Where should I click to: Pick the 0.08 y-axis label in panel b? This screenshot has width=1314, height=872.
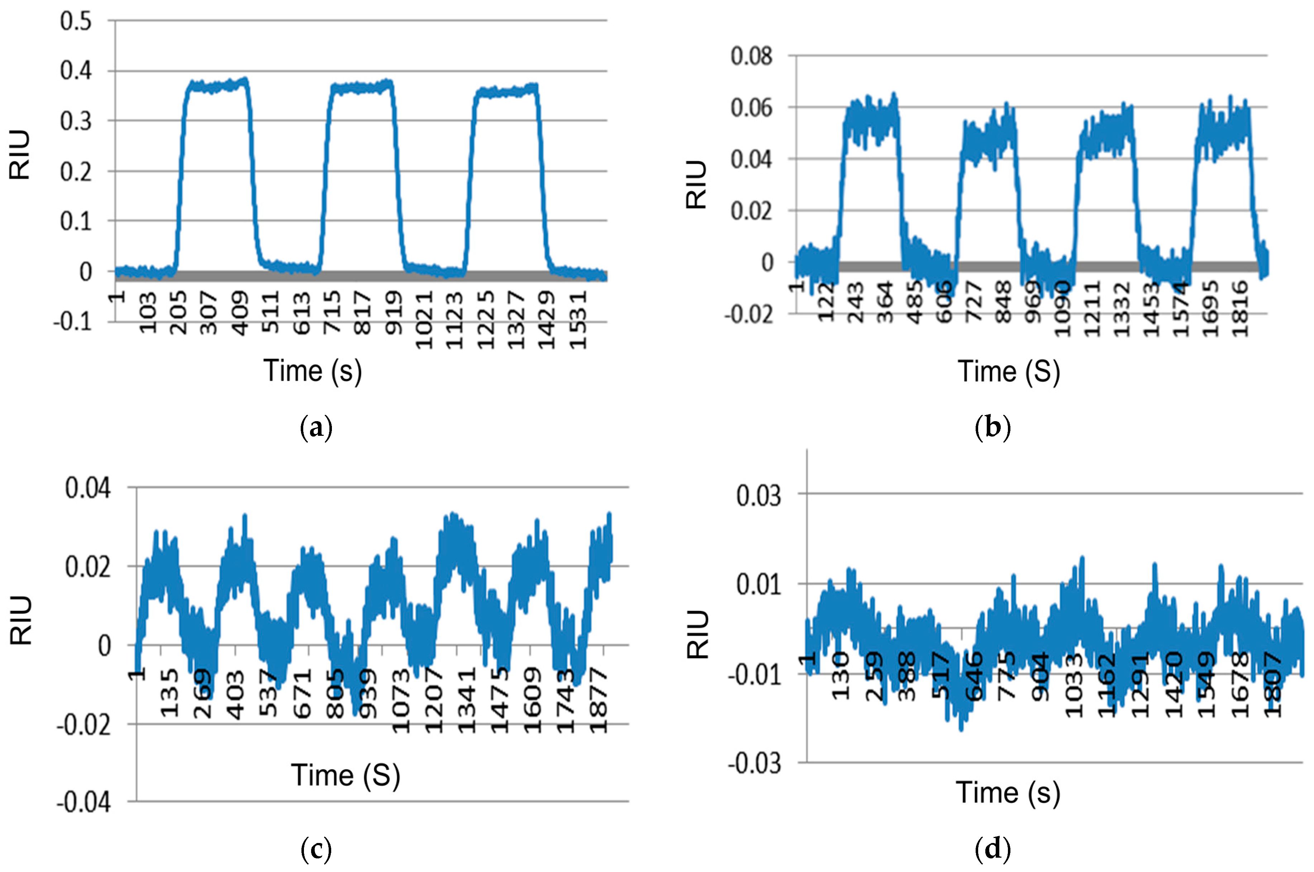[751, 56]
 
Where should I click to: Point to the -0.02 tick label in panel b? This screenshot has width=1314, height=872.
[748, 315]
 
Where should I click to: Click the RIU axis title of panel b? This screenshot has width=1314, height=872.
[696, 185]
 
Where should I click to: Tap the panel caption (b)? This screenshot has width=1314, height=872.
[992, 428]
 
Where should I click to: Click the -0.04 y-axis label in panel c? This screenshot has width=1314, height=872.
[84, 803]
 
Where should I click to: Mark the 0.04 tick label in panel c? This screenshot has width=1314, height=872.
[87, 488]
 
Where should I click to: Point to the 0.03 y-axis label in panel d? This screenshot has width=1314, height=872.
[758, 495]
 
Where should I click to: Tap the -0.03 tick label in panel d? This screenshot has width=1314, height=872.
[754, 764]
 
